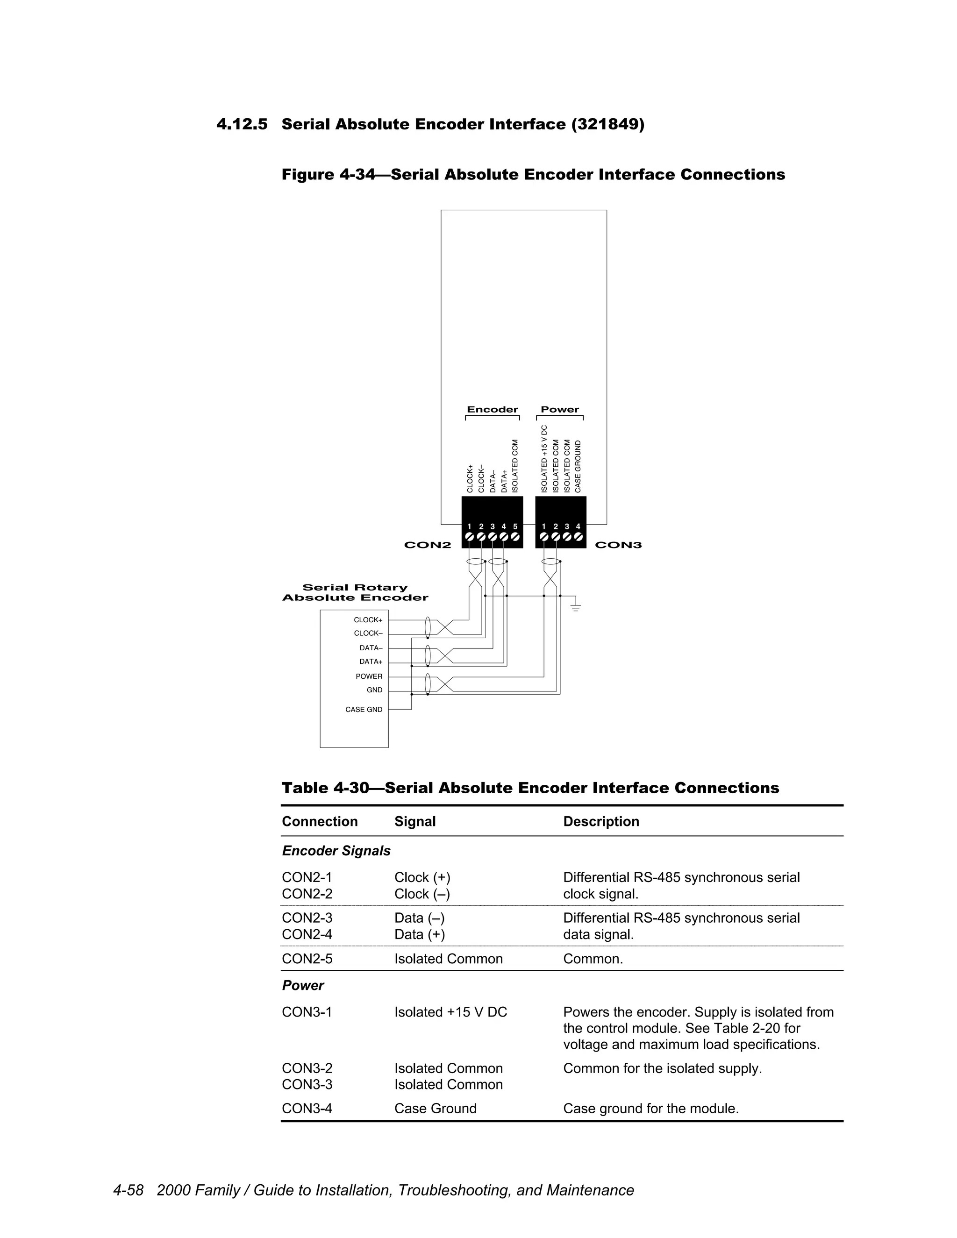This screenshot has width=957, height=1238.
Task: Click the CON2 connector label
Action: pos(428,545)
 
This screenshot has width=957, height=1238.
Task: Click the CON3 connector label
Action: pos(618,545)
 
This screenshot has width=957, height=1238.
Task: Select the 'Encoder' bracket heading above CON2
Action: pos(492,409)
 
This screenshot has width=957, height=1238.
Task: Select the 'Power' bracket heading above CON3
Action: pos(559,409)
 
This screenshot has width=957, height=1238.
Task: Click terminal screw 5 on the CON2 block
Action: pos(515,536)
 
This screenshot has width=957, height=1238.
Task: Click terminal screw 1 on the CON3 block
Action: pos(544,536)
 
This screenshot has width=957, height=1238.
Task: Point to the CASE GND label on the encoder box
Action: pos(364,709)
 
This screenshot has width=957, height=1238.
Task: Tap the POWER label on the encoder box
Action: pos(369,676)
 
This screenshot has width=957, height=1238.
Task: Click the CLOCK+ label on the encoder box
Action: pos(368,620)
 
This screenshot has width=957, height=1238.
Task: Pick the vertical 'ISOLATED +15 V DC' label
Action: pos(544,459)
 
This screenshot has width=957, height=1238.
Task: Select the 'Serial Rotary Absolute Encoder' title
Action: pos(355,592)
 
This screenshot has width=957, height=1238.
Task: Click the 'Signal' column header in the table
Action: pos(415,821)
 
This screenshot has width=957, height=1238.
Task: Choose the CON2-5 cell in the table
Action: pos(307,959)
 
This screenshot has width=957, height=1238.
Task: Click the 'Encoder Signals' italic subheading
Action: pos(336,851)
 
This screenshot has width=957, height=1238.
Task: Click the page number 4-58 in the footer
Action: pos(128,1190)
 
